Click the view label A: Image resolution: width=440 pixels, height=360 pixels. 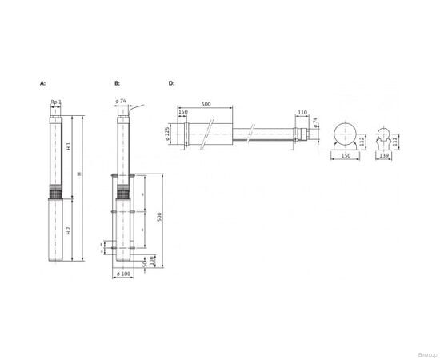pos(42,82)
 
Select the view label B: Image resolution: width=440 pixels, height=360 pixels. pos(117,82)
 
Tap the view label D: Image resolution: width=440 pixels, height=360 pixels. pos(171,82)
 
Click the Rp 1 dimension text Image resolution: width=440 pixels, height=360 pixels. pos(55,102)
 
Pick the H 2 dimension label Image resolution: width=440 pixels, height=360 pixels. pos(70,230)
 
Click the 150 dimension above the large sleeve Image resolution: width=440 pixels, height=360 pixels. pos(183,112)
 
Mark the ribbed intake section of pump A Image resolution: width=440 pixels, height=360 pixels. pos(55,193)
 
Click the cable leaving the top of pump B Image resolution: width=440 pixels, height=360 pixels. pos(138,108)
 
